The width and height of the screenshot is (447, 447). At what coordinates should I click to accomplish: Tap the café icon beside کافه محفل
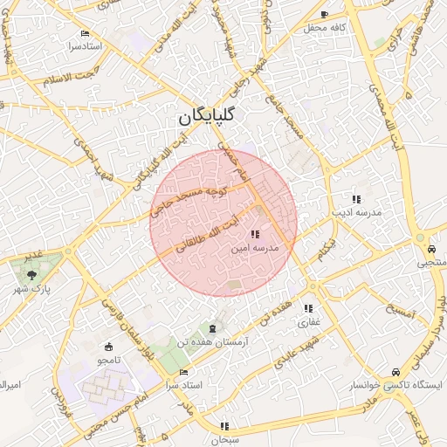click(325, 15)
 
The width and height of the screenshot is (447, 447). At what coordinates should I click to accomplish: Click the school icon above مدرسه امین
click(254, 234)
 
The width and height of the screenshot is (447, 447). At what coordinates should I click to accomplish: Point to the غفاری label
click(309, 322)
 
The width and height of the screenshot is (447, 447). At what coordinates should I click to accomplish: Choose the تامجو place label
click(108, 360)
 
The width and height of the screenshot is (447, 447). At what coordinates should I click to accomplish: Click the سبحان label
click(224, 440)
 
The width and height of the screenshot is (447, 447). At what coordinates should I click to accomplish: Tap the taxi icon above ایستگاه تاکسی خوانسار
click(397, 370)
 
